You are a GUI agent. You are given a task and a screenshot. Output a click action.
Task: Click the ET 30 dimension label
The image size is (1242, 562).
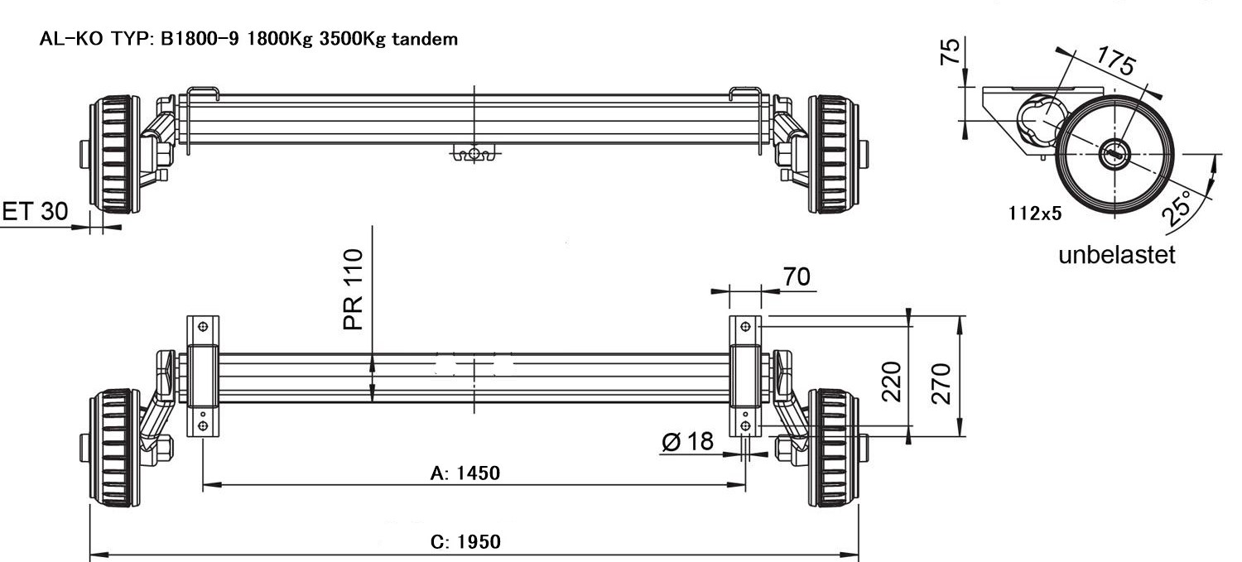36,212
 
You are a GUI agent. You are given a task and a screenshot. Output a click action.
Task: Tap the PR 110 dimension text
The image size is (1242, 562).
354,289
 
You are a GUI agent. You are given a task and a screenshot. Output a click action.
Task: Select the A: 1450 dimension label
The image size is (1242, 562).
465,473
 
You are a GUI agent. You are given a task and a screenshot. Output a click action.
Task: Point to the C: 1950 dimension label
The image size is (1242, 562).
465,542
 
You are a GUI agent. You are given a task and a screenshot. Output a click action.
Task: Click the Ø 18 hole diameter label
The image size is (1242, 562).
687,442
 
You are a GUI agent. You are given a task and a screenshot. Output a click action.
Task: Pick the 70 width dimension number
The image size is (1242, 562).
797,278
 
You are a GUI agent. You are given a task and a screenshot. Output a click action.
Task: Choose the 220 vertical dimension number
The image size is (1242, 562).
891,381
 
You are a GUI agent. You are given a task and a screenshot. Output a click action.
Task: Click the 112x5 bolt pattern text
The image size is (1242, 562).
1035,214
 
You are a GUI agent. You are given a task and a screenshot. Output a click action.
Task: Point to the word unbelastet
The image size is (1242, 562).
1116,254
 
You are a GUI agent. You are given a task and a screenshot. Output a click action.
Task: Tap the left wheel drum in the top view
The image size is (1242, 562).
113,155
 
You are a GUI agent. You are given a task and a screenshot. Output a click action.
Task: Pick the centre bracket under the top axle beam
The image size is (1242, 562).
474,153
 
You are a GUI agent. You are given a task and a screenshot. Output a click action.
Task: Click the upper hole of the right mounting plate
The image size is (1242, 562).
745,327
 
